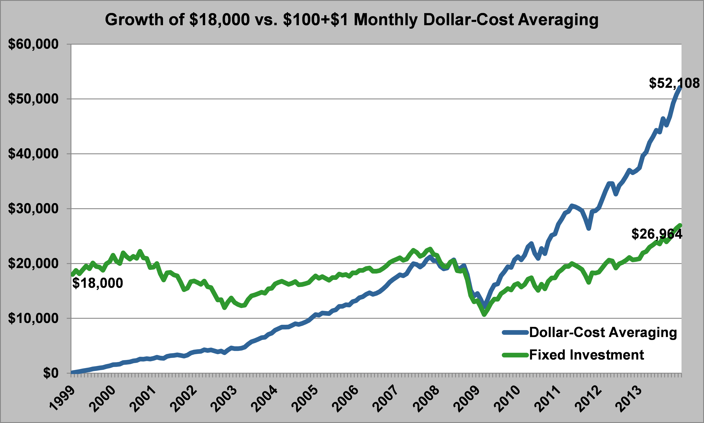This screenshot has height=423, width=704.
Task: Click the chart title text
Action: pyautogui.click(x=352, y=20)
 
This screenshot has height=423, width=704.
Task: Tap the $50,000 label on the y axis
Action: pyautogui.click(x=33, y=99)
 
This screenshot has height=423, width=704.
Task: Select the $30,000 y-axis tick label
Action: pyautogui.click(x=33, y=209)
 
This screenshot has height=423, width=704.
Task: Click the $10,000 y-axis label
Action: pyautogui.click(x=33, y=318)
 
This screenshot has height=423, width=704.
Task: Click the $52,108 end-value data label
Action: pyautogui.click(x=674, y=83)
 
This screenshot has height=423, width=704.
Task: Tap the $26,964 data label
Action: pyautogui.click(x=657, y=234)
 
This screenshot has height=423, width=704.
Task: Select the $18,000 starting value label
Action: pyautogui.click(x=98, y=283)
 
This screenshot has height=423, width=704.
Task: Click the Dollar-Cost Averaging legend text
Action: pyautogui.click(x=603, y=332)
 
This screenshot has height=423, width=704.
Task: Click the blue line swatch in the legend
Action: pyautogui.click(x=515, y=332)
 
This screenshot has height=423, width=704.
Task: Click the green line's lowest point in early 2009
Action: pyautogui.click(x=484, y=314)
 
